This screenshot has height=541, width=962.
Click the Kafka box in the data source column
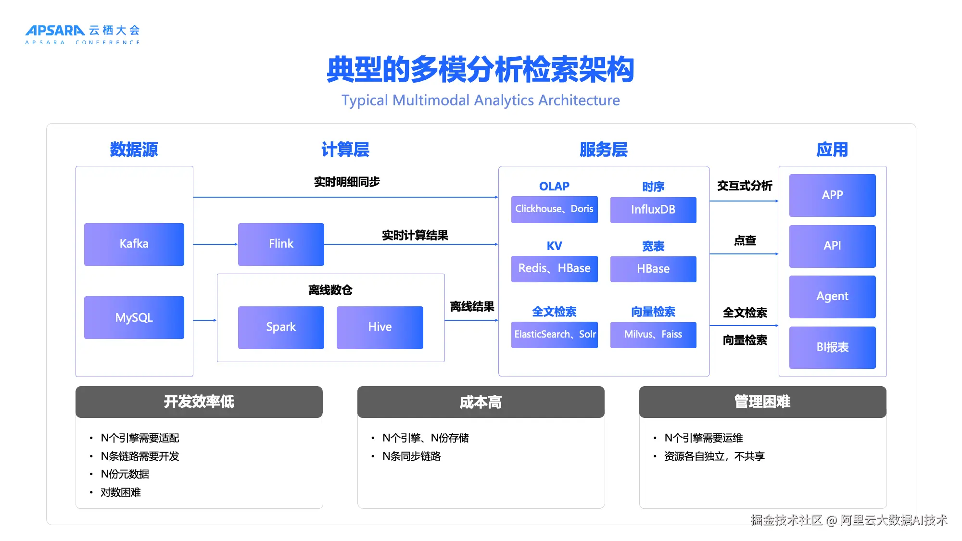click(x=134, y=244)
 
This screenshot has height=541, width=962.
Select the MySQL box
click(x=134, y=317)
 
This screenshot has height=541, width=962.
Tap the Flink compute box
click(x=281, y=244)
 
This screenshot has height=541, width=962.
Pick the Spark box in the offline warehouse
click(x=281, y=327)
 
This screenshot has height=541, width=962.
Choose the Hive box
click(x=380, y=327)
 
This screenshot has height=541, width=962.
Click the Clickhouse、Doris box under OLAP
click(x=554, y=209)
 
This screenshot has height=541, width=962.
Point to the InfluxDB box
click(x=653, y=210)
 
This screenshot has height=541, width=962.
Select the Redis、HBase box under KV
click(x=554, y=268)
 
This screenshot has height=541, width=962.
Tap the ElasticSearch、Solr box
click(x=554, y=334)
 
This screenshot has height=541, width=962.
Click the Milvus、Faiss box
click(x=653, y=334)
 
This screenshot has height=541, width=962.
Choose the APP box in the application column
click(x=832, y=195)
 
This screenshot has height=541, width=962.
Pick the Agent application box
click(x=832, y=296)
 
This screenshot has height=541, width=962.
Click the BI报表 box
click(x=832, y=347)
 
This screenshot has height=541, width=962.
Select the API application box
click(x=832, y=246)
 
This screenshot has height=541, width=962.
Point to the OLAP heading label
click(x=554, y=186)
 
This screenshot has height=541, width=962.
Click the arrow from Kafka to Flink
click(x=215, y=244)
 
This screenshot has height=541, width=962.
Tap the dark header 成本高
click(x=481, y=402)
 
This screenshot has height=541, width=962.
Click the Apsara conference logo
click(x=83, y=35)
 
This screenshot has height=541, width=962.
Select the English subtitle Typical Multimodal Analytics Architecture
click(x=481, y=100)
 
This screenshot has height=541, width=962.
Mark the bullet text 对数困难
click(x=121, y=492)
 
